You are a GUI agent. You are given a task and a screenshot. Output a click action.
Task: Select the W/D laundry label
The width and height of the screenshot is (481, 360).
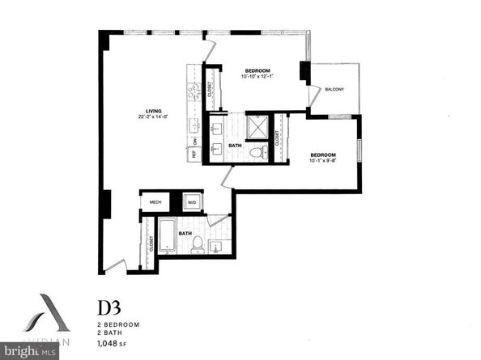click(x=192, y=203)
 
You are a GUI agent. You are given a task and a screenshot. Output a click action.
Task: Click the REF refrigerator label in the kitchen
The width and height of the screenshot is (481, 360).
click(x=195, y=154)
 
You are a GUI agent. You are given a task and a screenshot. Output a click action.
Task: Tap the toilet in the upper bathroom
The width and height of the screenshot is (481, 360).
click(x=255, y=151)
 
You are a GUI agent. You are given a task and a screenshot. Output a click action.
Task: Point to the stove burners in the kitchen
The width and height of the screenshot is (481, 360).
click(x=194, y=92)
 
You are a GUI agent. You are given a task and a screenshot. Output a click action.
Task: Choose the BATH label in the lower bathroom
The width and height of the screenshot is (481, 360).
click(x=185, y=235)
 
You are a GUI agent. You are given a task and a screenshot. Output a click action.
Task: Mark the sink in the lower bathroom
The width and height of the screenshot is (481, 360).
click(x=215, y=244)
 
